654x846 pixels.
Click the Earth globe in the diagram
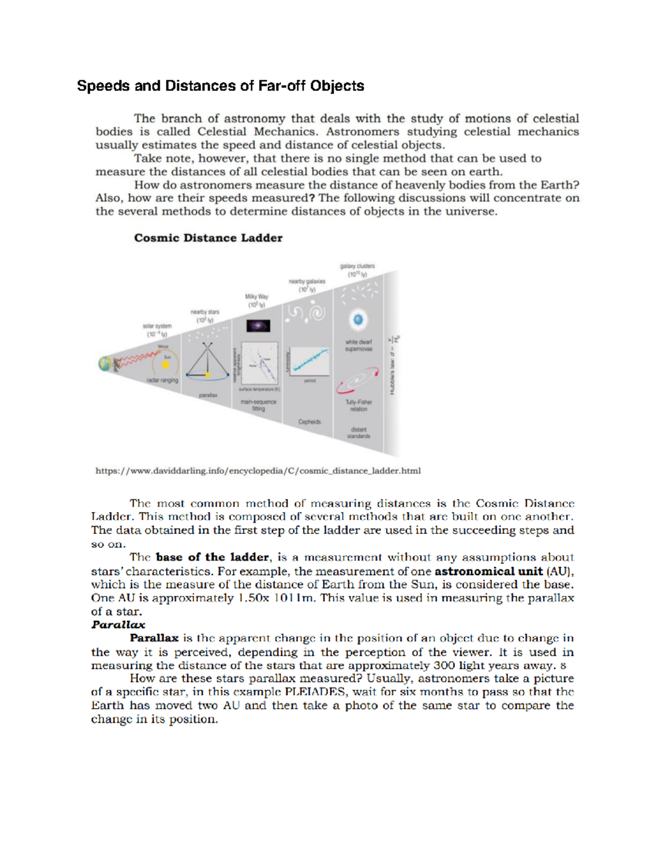(105, 363)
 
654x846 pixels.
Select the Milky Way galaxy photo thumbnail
(258, 326)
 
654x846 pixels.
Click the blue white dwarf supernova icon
(358, 320)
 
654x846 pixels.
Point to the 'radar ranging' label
(162, 380)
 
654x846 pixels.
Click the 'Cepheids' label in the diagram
(310, 422)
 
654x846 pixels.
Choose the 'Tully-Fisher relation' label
(359, 405)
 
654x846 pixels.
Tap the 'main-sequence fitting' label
(258, 405)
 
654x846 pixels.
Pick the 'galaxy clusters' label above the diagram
(358, 266)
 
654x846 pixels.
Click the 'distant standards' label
(359, 433)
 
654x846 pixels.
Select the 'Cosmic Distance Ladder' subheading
(208, 238)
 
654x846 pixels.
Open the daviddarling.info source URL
(258, 471)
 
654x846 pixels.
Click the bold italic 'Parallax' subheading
(118, 625)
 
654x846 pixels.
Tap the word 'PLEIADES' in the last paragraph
(316, 692)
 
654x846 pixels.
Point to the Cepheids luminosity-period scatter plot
(310, 361)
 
